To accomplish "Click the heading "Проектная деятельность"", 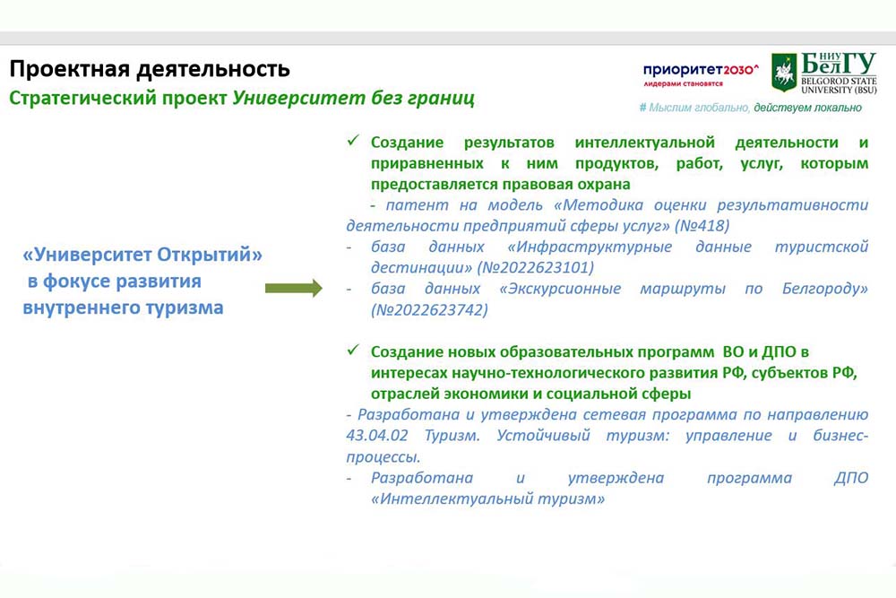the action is [150, 69].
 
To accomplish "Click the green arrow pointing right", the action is [294, 288].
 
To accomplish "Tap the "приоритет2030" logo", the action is [701, 74].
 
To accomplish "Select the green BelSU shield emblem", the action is [784, 73].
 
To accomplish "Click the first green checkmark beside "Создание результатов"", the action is [352, 140].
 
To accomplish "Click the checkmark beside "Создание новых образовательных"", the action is [352, 350].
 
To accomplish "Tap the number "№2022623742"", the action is [430, 310].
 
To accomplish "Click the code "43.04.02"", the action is [377, 436].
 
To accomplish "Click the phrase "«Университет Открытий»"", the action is [142, 255].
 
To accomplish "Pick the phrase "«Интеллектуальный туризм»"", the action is [487, 499].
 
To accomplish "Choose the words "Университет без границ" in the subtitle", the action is [354, 99].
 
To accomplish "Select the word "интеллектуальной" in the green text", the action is [644, 143].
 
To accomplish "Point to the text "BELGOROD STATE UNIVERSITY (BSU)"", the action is [839, 85].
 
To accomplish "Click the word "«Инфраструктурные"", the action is [590, 247].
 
